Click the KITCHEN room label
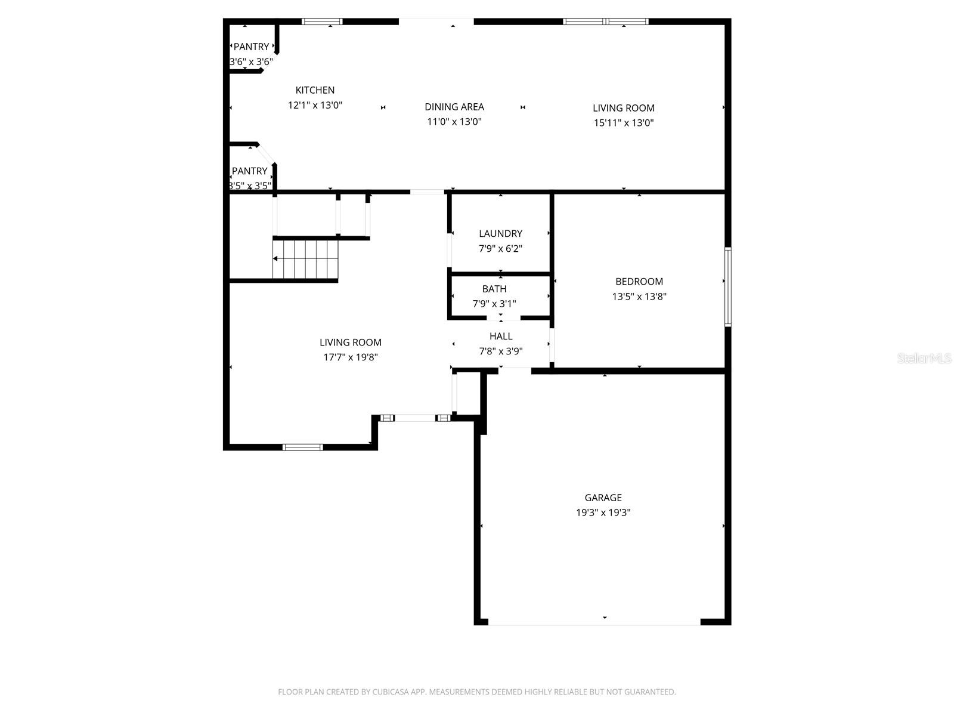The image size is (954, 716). [x=315, y=90]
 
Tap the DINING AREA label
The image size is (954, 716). [x=454, y=107]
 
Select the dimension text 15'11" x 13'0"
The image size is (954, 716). [x=623, y=123]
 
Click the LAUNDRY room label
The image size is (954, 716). [x=500, y=233]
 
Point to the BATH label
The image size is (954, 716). [x=494, y=289]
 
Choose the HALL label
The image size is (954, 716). [x=501, y=337]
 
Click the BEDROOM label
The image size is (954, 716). [x=639, y=282]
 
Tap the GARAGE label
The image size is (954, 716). [x=603, y=498]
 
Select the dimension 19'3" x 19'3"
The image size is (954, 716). [x=603, y=513]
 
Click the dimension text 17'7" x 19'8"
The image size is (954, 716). [x=351, y=357]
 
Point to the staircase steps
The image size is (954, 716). [x=306, y=259]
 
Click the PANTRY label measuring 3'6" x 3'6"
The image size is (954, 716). [x=251, y=47]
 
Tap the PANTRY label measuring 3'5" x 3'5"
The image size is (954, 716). [x=249, y=171]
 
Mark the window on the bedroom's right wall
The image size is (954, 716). [x=727, y=287]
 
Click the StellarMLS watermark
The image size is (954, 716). [x=924, y=358]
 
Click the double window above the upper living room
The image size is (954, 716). [x=606, y=22]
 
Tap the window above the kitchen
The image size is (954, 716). [x=322, y=22]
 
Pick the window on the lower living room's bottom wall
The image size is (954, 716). [x=302, y=447]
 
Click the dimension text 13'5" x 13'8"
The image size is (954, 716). [x=639, y=297]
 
